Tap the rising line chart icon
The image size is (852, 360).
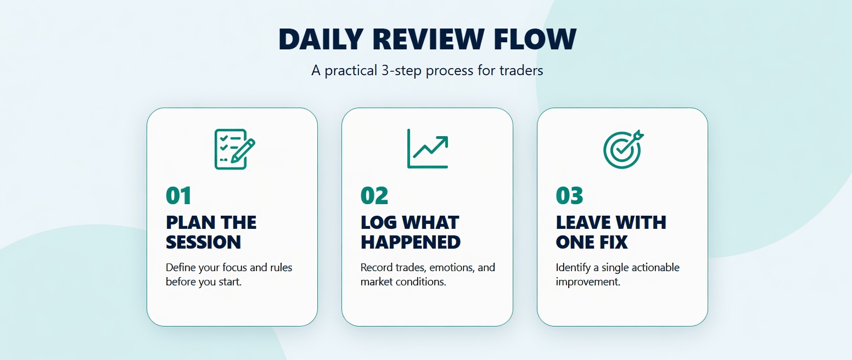click(428, 149)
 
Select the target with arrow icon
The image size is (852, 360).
click(623, 149)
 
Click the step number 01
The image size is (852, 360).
click(179, 196)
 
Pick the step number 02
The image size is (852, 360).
click(374, 196)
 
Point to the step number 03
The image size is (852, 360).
click(570, 196)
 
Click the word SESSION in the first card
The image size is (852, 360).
click(203, 242)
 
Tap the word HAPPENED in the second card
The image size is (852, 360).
click(411, 242)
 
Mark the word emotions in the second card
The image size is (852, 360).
click(452, 268)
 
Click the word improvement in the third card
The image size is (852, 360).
click(588, 282)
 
